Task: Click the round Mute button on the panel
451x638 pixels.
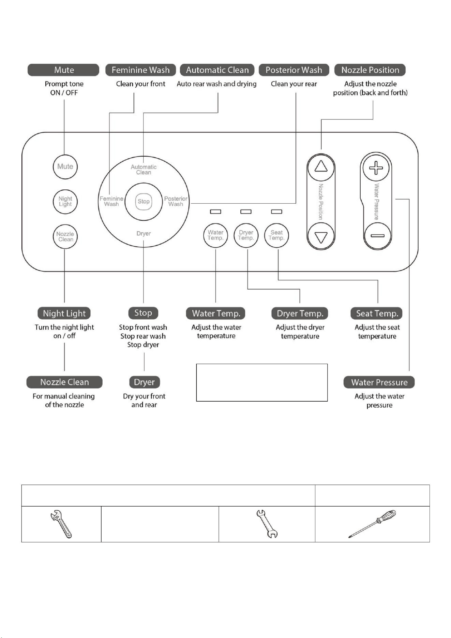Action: (65, 167)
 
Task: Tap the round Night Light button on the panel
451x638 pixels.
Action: (65, 202)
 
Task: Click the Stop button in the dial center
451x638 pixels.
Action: (144, 202)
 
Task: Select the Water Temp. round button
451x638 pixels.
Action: (215, 235)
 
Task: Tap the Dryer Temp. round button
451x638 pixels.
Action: (246, 235)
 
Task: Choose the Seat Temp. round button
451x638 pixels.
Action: (276, 235)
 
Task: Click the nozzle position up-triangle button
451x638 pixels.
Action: (321, 167)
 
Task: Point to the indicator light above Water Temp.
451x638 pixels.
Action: (215, 212)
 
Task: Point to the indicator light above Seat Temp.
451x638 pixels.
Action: (276, 212)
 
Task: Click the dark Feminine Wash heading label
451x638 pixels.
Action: (140, 70)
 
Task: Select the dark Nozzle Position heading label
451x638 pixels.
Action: (370, 70)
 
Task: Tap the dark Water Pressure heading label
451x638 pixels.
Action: (379, 382)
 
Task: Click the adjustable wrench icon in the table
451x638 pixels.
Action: (61, 524)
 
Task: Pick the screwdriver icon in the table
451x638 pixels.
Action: (372, 524)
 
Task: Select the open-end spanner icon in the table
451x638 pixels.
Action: (267, 524)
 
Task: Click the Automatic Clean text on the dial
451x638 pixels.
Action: (144, 170)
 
